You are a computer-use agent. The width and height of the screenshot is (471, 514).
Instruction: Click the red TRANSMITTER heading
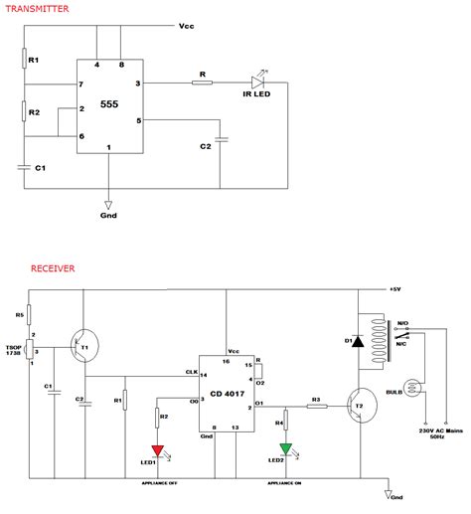point(34,8)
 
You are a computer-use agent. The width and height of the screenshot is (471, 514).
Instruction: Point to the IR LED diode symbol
point(258,85)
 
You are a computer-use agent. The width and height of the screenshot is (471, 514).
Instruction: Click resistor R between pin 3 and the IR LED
point(202,85)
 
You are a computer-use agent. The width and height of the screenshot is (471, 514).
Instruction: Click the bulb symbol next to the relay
point(410,388)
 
